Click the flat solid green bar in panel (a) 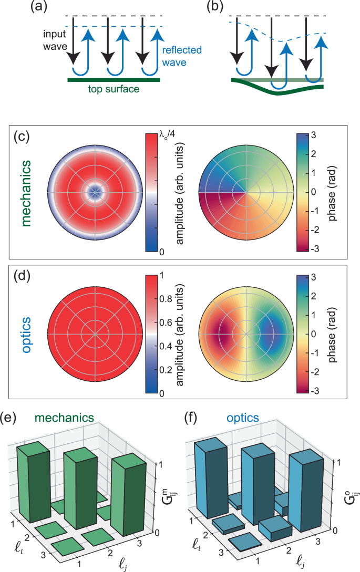pyautogui.click(x=113, y=80)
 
